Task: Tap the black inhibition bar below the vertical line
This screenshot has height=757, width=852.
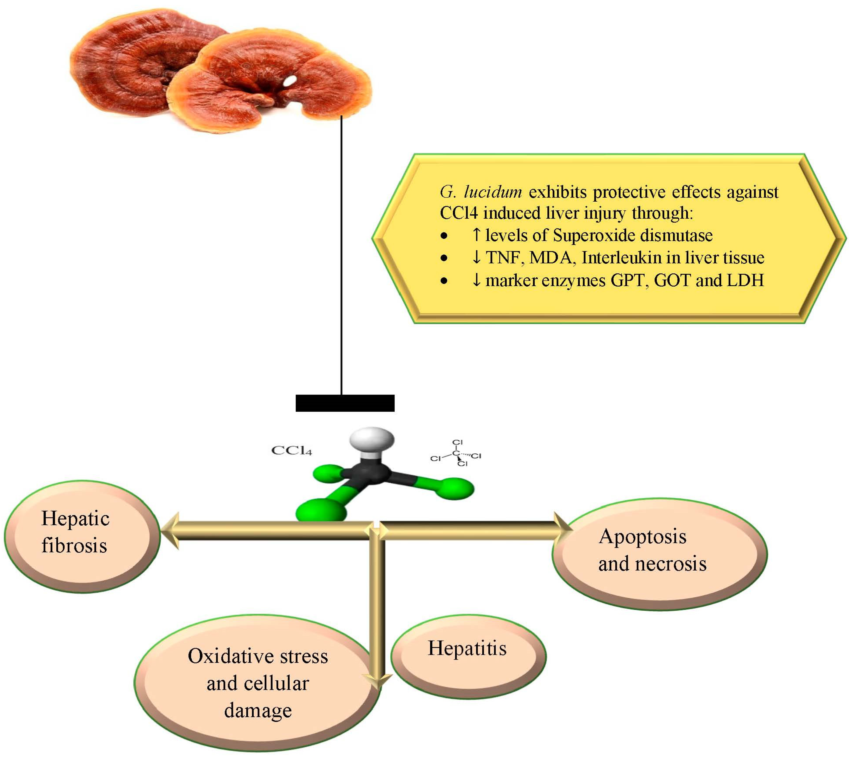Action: (345, 403)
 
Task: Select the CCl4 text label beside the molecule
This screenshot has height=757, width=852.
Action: (291, 451)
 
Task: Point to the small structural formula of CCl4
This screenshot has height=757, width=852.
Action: (456, 453)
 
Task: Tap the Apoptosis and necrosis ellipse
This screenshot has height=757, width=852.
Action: (660, 554)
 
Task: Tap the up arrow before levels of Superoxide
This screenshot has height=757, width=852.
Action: (476, 235)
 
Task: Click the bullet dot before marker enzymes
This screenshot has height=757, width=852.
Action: (444, 281)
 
